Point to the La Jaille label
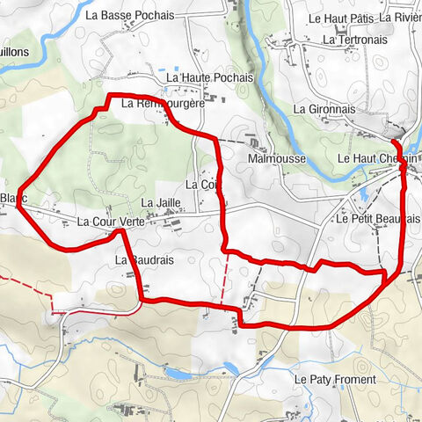171,203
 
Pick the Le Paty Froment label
335,380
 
